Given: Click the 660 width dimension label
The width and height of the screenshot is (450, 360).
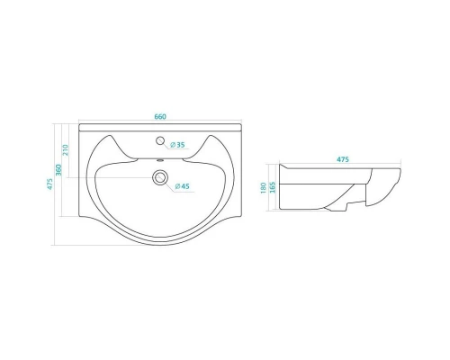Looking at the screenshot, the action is [x=160, y=117].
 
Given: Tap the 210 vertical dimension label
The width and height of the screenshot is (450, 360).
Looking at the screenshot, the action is [x=66, y=150].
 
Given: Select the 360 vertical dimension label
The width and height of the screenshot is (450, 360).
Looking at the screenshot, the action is [x=58, y=170].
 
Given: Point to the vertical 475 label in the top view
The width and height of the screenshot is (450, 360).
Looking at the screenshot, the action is [x=49, y=184].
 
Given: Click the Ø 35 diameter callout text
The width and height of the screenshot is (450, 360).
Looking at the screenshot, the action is [x=177, y=145].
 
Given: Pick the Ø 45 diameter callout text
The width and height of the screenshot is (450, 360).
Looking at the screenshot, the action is [x=182, y=186].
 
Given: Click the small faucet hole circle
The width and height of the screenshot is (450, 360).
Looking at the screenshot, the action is [x=160, y=140].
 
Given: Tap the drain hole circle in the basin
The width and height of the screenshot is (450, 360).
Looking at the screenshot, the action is [x=160, y=177].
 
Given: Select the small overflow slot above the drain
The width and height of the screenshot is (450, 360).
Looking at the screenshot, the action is [x=160, y=160].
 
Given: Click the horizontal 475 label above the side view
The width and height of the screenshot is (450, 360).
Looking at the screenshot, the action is [x=343, y=159].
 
